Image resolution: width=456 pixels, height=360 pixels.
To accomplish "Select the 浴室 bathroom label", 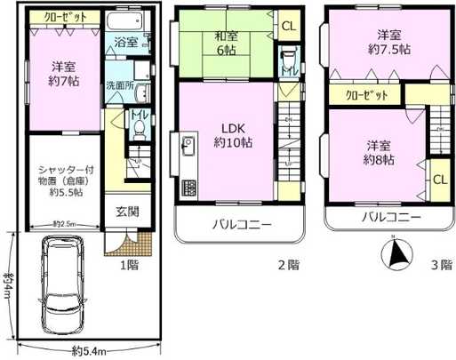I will pos(124,42).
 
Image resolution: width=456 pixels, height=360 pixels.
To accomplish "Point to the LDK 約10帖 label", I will pos(231,133).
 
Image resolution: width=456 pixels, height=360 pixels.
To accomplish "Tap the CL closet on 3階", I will pos(439,180).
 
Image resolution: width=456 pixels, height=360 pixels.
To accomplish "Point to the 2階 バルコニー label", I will pos(242,223).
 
